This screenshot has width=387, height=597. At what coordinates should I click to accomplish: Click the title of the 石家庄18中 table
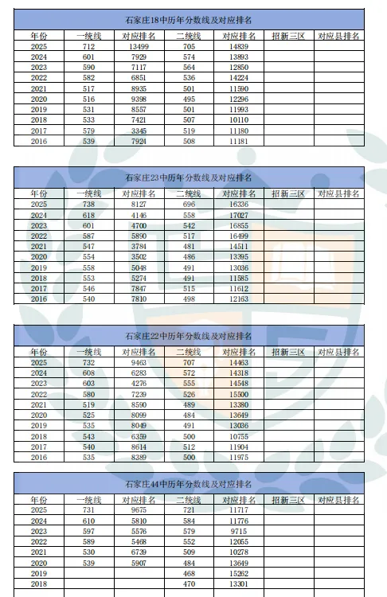[189, 21]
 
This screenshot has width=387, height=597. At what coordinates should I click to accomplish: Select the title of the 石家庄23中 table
[189, 176]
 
